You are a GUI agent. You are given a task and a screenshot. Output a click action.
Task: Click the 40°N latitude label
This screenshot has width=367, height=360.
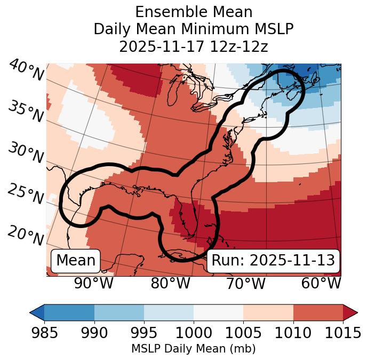tap(26, 71)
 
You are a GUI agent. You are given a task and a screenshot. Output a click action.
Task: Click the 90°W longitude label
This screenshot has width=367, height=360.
tap(93, 283)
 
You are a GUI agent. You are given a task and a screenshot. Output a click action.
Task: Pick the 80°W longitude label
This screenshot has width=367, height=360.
tap(170, 283)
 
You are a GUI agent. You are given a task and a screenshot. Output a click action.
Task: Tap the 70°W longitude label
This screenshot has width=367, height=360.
tap(245, 283)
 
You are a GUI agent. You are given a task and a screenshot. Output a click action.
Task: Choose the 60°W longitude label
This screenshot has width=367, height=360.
tap(321, 283)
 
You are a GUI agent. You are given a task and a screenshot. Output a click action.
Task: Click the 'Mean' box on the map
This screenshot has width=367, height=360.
tap(76, 261)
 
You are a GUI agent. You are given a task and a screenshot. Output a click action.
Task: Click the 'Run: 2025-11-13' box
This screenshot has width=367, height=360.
tap(273, 261)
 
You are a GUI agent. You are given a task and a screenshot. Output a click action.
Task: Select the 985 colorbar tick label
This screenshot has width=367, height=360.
tap(44, 333)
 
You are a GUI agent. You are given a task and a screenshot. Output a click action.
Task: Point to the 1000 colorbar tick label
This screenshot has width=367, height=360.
tap(193, 333)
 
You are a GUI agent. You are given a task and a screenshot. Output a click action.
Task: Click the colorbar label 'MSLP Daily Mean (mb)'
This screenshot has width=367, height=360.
tap(193, 349)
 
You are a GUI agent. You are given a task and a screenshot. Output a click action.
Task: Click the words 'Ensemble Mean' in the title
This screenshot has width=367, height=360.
tap(193, 12)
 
